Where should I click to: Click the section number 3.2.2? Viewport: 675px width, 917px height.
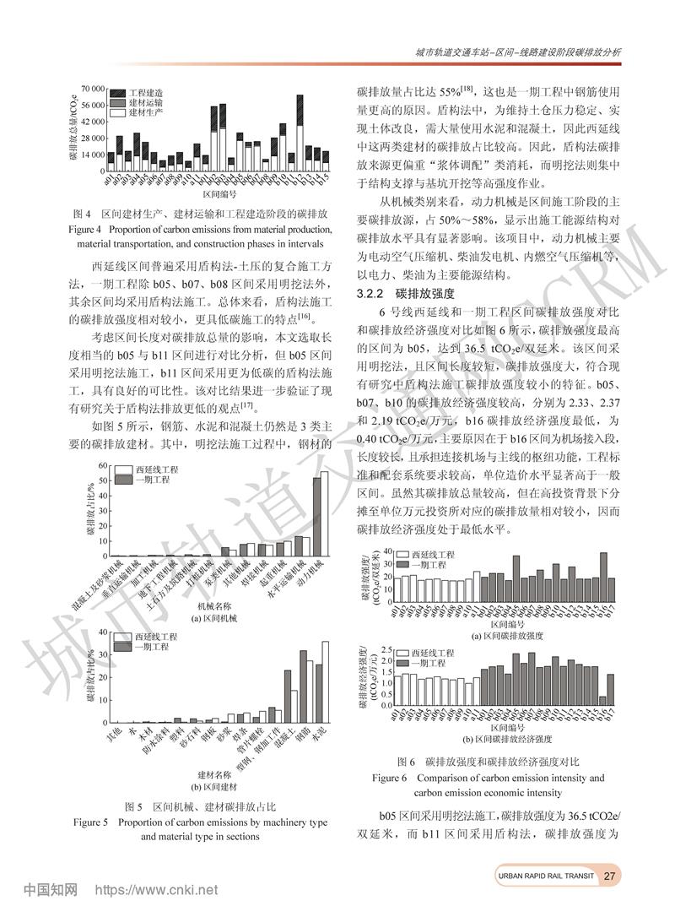pyautogui.click(x=370, y=294)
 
